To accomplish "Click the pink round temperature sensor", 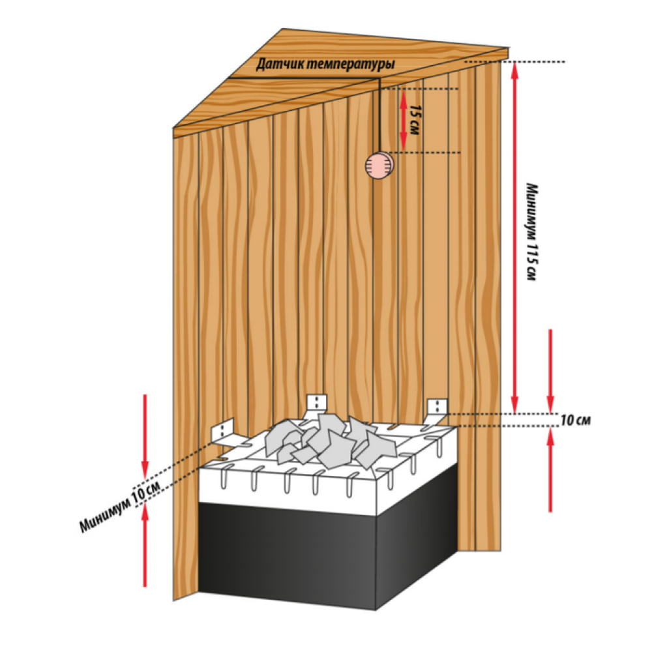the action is (x=378, y=166).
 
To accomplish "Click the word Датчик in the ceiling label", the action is (x=276, y=65).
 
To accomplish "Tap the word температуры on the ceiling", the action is (x=348, y=65).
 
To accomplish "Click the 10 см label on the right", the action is (x=575, y=421).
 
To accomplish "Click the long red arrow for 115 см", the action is (x=515, y=238).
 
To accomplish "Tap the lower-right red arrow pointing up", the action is (x=550, y=470).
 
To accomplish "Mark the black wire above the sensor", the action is (x=379, y=115).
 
